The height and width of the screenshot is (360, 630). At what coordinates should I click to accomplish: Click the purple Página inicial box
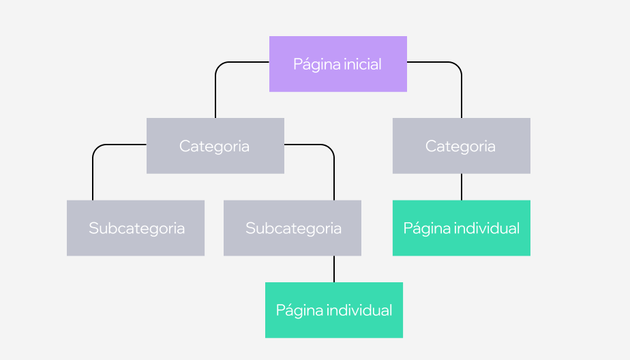pos(337,63)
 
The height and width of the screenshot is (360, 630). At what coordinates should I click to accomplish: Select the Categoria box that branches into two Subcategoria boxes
pos(215,145)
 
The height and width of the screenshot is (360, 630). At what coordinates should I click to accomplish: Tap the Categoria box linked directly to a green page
pos(461,145)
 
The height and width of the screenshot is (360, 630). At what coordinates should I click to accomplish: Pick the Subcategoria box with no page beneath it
pos(136,228)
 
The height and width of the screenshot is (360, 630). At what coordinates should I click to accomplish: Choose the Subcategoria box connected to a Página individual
pos(292,228)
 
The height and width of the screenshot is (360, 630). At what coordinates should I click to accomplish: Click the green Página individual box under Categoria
pos(461,228)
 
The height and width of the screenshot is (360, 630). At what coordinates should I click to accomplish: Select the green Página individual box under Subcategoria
pos(333,310)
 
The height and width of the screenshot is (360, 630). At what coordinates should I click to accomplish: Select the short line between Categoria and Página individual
pos(462,186)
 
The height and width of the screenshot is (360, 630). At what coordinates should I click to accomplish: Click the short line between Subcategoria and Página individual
pos(334,269)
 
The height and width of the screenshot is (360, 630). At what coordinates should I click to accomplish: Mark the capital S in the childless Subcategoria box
pos(93,228)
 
